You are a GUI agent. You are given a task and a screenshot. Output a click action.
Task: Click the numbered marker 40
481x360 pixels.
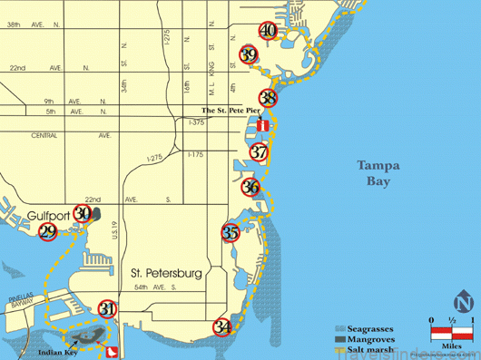pos(268,30)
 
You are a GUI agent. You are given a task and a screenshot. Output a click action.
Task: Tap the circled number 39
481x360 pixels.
pos(250,54)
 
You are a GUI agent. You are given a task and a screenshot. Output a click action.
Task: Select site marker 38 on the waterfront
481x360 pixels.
pos(268,98)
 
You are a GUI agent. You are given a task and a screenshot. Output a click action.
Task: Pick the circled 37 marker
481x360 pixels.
pos(260,151)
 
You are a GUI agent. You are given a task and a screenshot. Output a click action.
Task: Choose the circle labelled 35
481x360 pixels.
pos(231,232)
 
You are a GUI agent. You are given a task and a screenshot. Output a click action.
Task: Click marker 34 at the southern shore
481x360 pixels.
pos(222,326)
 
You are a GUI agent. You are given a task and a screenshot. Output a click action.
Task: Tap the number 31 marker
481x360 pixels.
pos(108,309)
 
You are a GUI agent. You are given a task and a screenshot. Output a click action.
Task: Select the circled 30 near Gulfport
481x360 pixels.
pos(83,214)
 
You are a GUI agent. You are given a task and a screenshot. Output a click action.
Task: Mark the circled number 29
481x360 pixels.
pos(48,231)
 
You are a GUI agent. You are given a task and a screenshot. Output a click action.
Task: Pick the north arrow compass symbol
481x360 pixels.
pos(463,303)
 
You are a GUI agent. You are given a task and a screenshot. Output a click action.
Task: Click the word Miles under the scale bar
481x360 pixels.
pos(450,345)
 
